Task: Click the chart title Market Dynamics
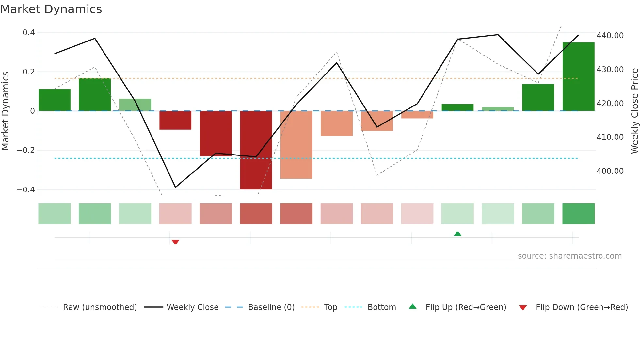click(x=51, y=9)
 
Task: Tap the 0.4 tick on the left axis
click(x=29, y=32)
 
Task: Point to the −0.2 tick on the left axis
click(x=26, y=150)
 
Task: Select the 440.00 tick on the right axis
click(x=610, y=35)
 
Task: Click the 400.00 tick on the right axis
click(x=610, y=171)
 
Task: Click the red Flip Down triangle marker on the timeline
click(x=175, y=242)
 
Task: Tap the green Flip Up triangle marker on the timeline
click(x=457, y=234)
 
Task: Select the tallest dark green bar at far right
click(x=578, y=76)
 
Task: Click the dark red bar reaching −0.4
click(x=256, y=150)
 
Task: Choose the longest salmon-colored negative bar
click(x=296, y=145)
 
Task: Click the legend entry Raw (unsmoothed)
click(x=100, y=307)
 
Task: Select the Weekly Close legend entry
click(x=192, y=307)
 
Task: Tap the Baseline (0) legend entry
click(x=271, y=307)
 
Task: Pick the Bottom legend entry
click(x=381, y=307)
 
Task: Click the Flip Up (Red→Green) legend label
click(x=466, y=307)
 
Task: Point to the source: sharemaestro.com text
click(x=569, y=256)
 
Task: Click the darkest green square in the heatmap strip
click(x=578, y=214)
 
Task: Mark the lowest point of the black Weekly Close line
click(x=175, y=187)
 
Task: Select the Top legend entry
click(x=330, y=307)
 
